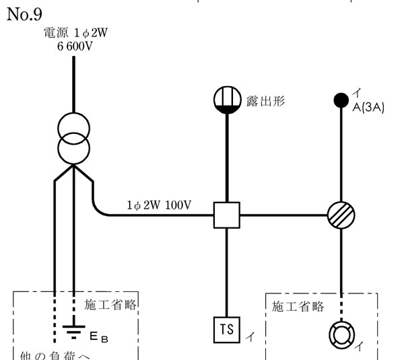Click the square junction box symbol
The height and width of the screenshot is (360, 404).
coord(227,215)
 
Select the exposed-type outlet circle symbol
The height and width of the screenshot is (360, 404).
coord(227,102)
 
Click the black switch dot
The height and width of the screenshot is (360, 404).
coord(341,102)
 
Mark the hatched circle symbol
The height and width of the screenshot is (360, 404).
coord(341,215)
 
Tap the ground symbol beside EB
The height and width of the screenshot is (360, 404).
coord(67,330)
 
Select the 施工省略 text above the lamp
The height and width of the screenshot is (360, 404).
coord(298,307)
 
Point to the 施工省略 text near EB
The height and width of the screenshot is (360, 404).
coord(110,305)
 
